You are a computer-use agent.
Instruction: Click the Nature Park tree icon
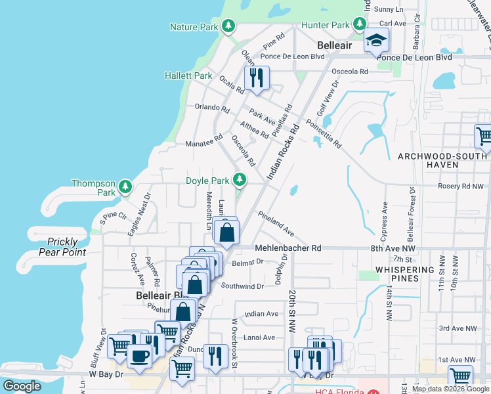[x=228, y=26]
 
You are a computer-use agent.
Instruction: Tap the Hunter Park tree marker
[x=359, y=25]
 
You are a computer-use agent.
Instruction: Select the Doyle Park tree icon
[x=240, y=179]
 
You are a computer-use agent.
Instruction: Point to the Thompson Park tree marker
[x=126, y=188]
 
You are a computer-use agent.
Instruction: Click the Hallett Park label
[x=188, y=76]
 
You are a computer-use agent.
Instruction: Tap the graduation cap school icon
[x=376, y=41]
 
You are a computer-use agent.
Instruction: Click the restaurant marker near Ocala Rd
[x=256, y=77]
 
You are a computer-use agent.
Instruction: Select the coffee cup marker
[x=139, y=355]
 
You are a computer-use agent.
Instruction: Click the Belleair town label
[x=336, y=46]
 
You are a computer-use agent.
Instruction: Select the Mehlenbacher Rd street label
[x=289, y=248]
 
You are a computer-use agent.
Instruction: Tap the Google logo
[x=22, y=386]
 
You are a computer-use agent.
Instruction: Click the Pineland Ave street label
[x=276, y=223]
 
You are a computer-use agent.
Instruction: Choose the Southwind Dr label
[x=242, y=286]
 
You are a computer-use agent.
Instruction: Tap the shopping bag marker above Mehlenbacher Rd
[x=226, y=232]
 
